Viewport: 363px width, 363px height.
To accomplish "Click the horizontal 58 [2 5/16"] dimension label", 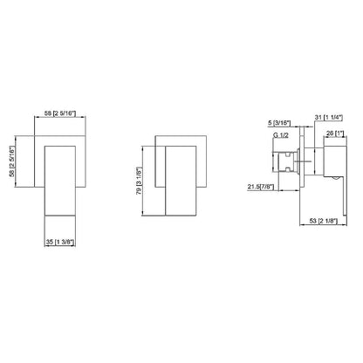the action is tap(60, 113).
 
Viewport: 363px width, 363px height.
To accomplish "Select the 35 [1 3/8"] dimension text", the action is tap(60, 242).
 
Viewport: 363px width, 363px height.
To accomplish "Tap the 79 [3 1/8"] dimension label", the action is tap(139, 181).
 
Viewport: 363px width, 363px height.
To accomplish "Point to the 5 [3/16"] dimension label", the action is tap(279, 123).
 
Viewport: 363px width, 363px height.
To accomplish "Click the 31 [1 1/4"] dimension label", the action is tap(329, 117).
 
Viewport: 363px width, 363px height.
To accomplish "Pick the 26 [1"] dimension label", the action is tap(335, 134).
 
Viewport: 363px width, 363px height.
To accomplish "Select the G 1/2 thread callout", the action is tap(281, 135).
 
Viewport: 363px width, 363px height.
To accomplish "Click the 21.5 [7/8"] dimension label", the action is tap(261, 187).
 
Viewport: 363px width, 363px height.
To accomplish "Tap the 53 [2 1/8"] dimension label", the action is tap(323, 221).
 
